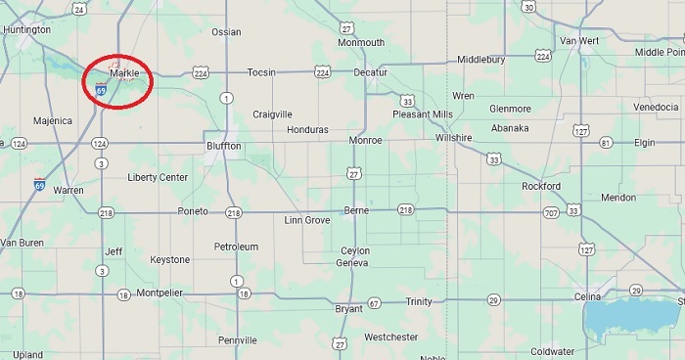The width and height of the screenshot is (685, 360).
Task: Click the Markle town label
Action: [124, 73]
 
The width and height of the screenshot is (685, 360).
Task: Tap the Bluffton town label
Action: [223, 146]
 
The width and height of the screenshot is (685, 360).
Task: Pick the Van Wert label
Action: [579, 40]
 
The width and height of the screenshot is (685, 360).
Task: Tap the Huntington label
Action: [26, 30]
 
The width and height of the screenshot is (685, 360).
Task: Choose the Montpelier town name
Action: [160, 292]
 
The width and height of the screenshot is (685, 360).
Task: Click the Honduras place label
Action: [307, 129]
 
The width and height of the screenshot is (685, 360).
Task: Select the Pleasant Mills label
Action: [423, 114]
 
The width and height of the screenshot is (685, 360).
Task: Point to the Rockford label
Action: [541, 186]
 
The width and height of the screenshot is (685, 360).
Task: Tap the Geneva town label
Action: [352, 263]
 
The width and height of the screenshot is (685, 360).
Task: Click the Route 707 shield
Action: [551, 211]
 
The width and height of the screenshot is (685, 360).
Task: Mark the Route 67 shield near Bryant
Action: [374, 303]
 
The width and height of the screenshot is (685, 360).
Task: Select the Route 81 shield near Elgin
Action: [606, 143]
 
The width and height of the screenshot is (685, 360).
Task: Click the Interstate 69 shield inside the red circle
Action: [102, 90]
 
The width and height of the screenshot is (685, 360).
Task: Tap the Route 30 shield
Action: [528, 7]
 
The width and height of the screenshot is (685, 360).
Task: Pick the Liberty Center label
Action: [158, 177]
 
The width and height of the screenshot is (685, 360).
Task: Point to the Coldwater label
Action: [553, 351]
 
